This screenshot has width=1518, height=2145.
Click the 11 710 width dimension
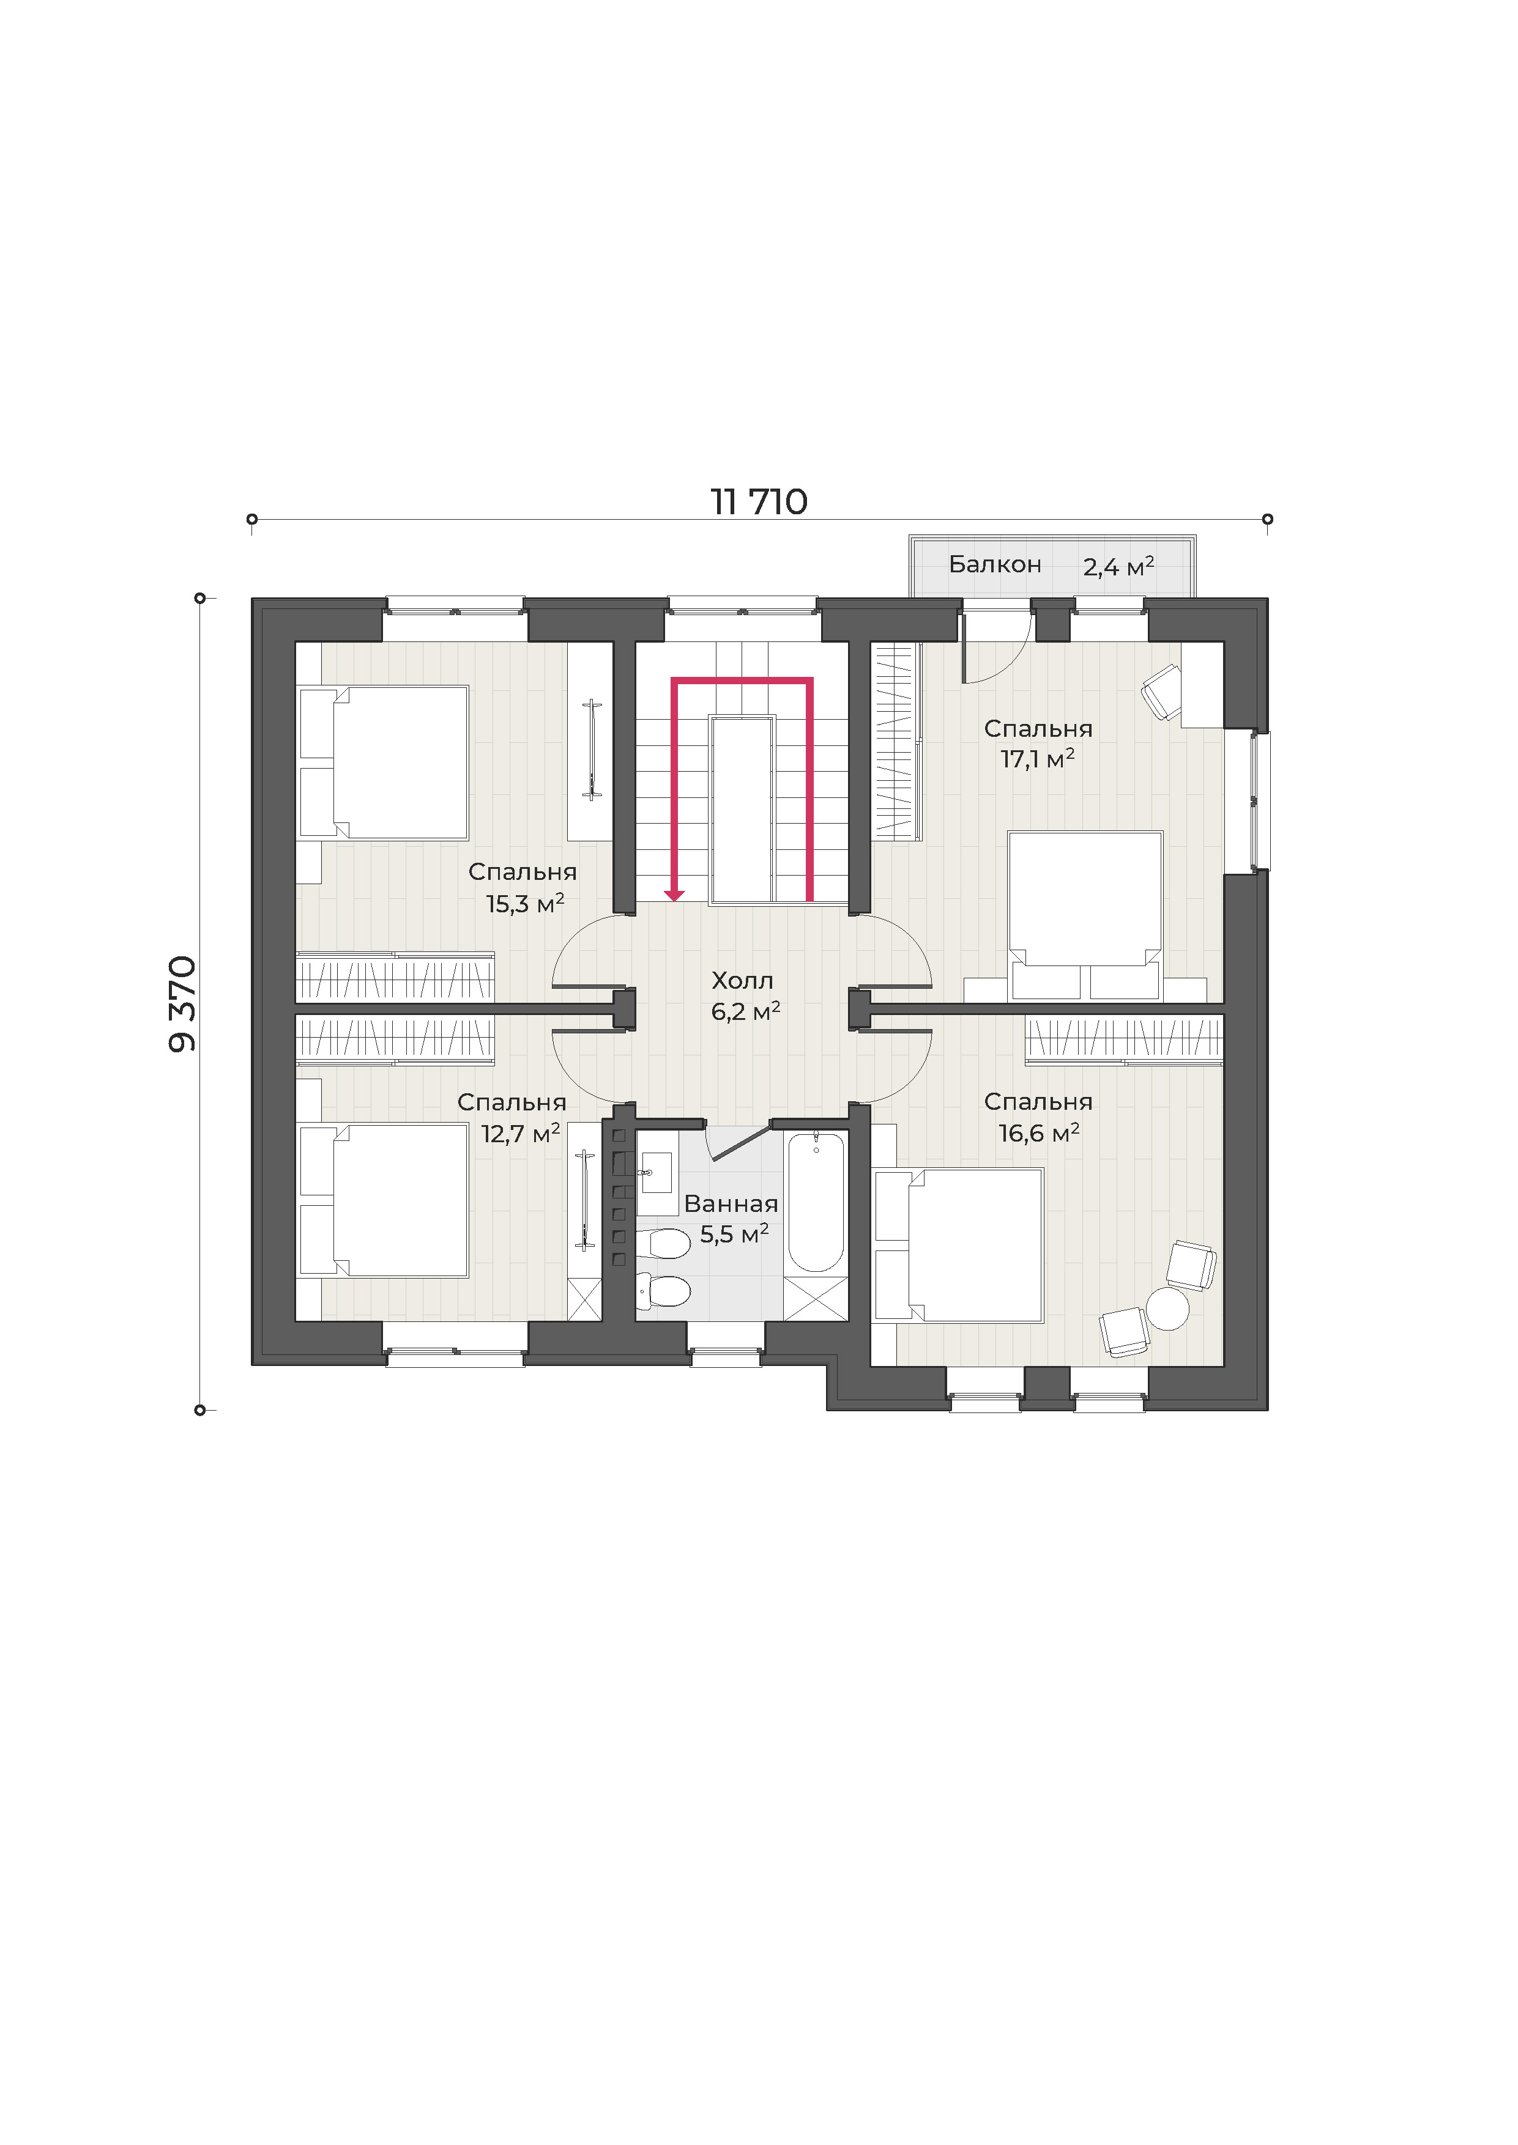759,503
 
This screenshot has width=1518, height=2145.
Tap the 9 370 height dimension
182,1003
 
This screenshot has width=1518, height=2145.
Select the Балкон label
994,564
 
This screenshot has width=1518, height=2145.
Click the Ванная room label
731,1203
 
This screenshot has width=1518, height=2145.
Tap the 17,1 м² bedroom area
1038,759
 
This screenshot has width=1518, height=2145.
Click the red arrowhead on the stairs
674,896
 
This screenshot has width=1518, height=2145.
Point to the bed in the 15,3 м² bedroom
383,763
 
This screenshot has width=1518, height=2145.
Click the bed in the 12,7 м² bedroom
383,1200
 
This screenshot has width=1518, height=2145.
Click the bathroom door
740,1142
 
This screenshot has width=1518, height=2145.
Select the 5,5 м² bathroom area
735,1234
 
